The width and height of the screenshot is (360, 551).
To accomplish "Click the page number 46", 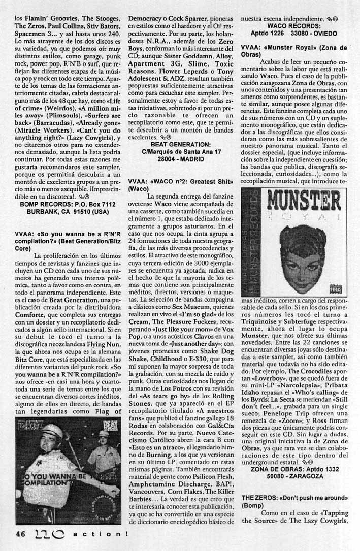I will click(x=20, y=534).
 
